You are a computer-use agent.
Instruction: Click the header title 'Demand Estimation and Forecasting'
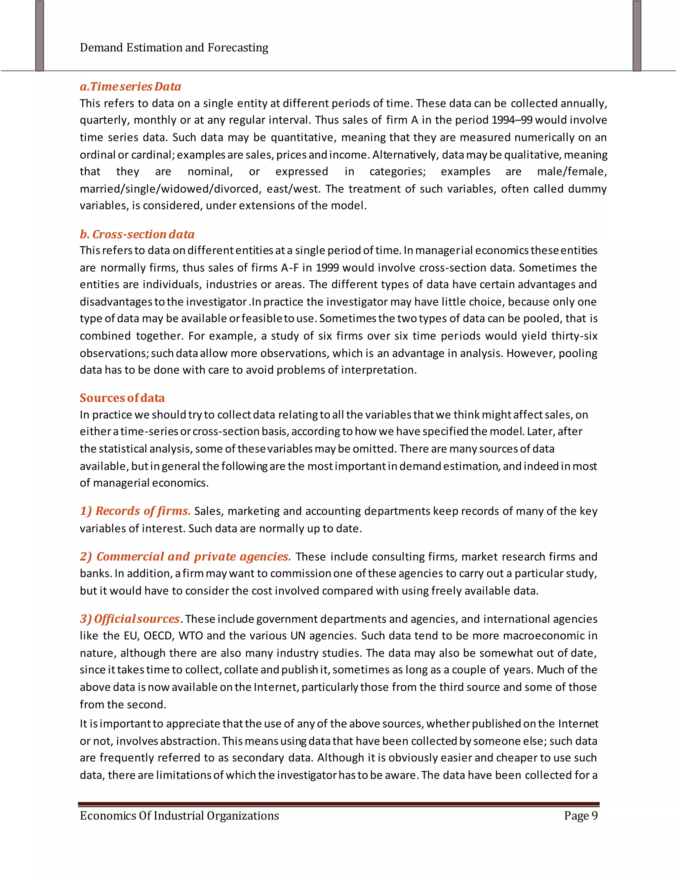(x=174, y=48)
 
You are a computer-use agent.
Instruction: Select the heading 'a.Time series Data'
(x=130, y=87)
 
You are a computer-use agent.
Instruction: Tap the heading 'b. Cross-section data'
(x=137, y=234)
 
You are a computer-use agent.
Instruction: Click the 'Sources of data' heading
(x=122, y=398)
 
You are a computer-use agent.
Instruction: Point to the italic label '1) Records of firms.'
(x=135, y=511)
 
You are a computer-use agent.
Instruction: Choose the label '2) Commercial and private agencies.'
(x=185, y=557)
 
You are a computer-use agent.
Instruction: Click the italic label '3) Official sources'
(x=130, y=619)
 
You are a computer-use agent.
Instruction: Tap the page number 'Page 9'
(x=580, y=816)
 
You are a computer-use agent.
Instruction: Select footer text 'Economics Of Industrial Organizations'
(x=179, y=816)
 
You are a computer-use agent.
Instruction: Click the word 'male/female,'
(x=572, y=172)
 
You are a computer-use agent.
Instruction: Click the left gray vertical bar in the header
(x=39, y=36)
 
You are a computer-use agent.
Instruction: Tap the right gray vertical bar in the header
(x=637, y=36)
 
